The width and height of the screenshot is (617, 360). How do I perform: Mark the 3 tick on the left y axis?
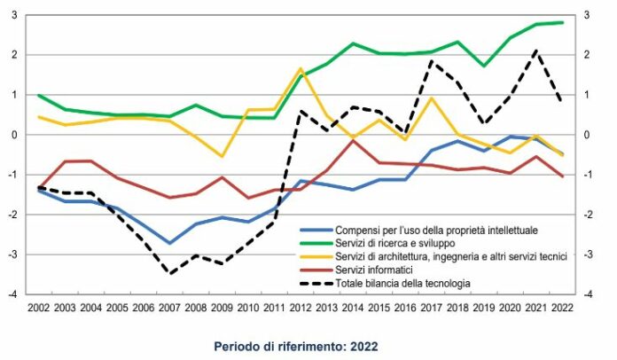19,15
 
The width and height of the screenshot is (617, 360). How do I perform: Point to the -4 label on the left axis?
17,294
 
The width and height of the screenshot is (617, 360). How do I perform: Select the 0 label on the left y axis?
19,135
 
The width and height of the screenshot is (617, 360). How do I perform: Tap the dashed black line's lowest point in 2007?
169,273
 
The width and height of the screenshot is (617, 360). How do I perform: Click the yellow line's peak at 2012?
301,68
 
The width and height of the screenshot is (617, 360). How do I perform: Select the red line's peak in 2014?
353,140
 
